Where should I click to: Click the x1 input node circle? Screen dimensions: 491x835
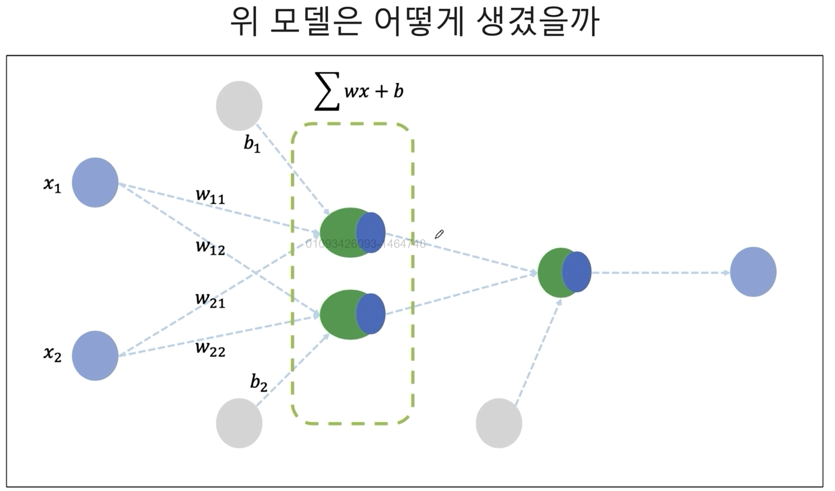pos(95,182)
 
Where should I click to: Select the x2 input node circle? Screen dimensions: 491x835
pos(95,355)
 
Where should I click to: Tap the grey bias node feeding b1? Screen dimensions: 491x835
pos(239,105)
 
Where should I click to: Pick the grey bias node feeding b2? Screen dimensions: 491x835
pos(239,423)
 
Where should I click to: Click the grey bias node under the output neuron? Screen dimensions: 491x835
pos(499,423)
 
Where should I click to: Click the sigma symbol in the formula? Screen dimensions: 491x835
pos(327,92)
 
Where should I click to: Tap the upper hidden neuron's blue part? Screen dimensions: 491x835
pos(371,232)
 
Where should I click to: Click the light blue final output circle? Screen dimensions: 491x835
pos(753,272)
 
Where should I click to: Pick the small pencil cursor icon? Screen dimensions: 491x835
pos(439,234)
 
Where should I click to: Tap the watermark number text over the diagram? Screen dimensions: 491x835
pos(365,244)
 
